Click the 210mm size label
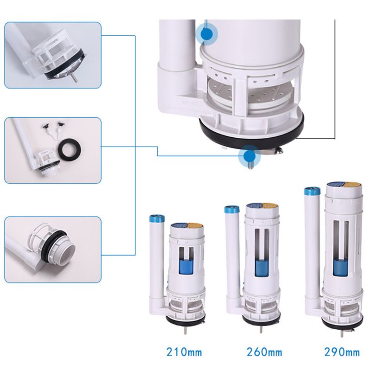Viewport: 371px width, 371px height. click(184, 352)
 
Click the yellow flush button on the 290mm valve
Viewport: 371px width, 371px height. click(352, 185)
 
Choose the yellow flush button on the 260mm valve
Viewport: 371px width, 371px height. click(270, 205)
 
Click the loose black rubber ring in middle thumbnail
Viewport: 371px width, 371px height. click(71, 150)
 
